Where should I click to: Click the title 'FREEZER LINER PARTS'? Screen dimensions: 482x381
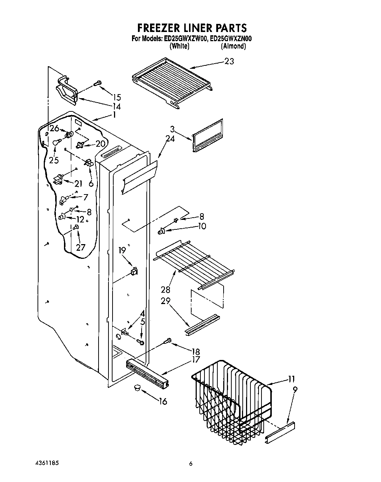(191, 28)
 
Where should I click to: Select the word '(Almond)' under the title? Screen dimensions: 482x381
(233, 46)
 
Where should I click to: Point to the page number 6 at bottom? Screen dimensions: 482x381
(190, 464)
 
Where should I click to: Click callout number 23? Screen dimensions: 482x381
(229, 61)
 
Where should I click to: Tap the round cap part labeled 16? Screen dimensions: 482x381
(138, 389)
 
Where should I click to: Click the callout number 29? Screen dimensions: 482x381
(165, 300)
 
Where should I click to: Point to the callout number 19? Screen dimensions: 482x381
(122, 250)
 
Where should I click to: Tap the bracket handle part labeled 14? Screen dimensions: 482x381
(67, 89)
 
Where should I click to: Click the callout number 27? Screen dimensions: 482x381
(81, 247)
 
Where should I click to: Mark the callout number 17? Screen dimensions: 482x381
(196, 360)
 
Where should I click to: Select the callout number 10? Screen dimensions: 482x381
(202, 226)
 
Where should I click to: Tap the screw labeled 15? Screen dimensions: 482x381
(98, 84)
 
